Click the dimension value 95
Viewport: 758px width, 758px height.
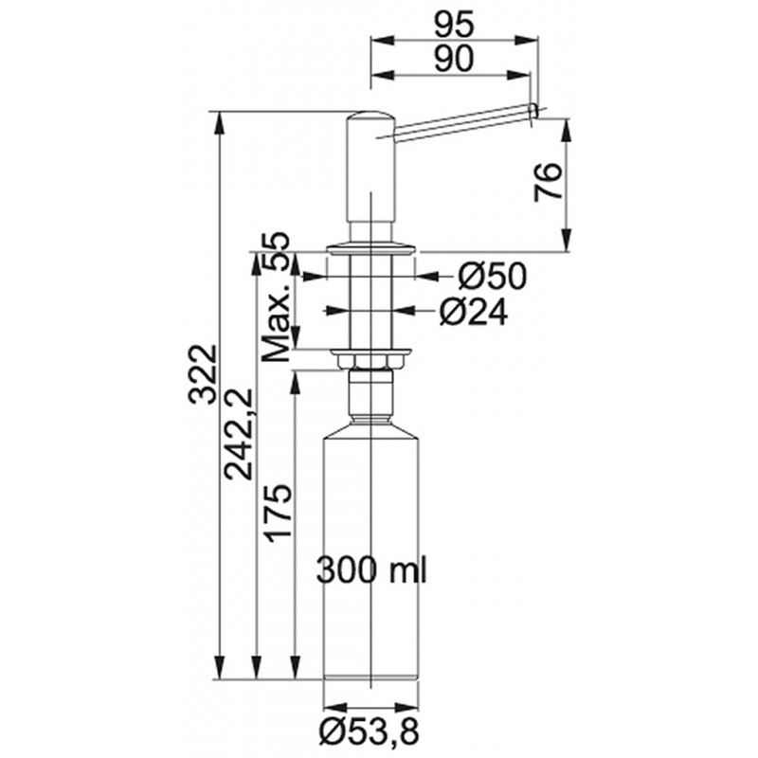pos(453,25)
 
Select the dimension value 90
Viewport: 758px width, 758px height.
pos(453,59)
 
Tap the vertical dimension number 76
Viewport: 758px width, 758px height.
pos(549,182)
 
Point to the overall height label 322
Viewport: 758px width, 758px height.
pos(202,374)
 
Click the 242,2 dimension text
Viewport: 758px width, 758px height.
pos(241,434)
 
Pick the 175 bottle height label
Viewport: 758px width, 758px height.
pos(278,513)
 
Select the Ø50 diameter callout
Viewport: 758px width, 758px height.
pos(492,277)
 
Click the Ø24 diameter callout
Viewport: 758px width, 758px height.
pos(474,313)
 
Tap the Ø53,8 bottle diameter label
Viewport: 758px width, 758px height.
pos(370,731)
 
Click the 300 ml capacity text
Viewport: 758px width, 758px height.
pos(371,571)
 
